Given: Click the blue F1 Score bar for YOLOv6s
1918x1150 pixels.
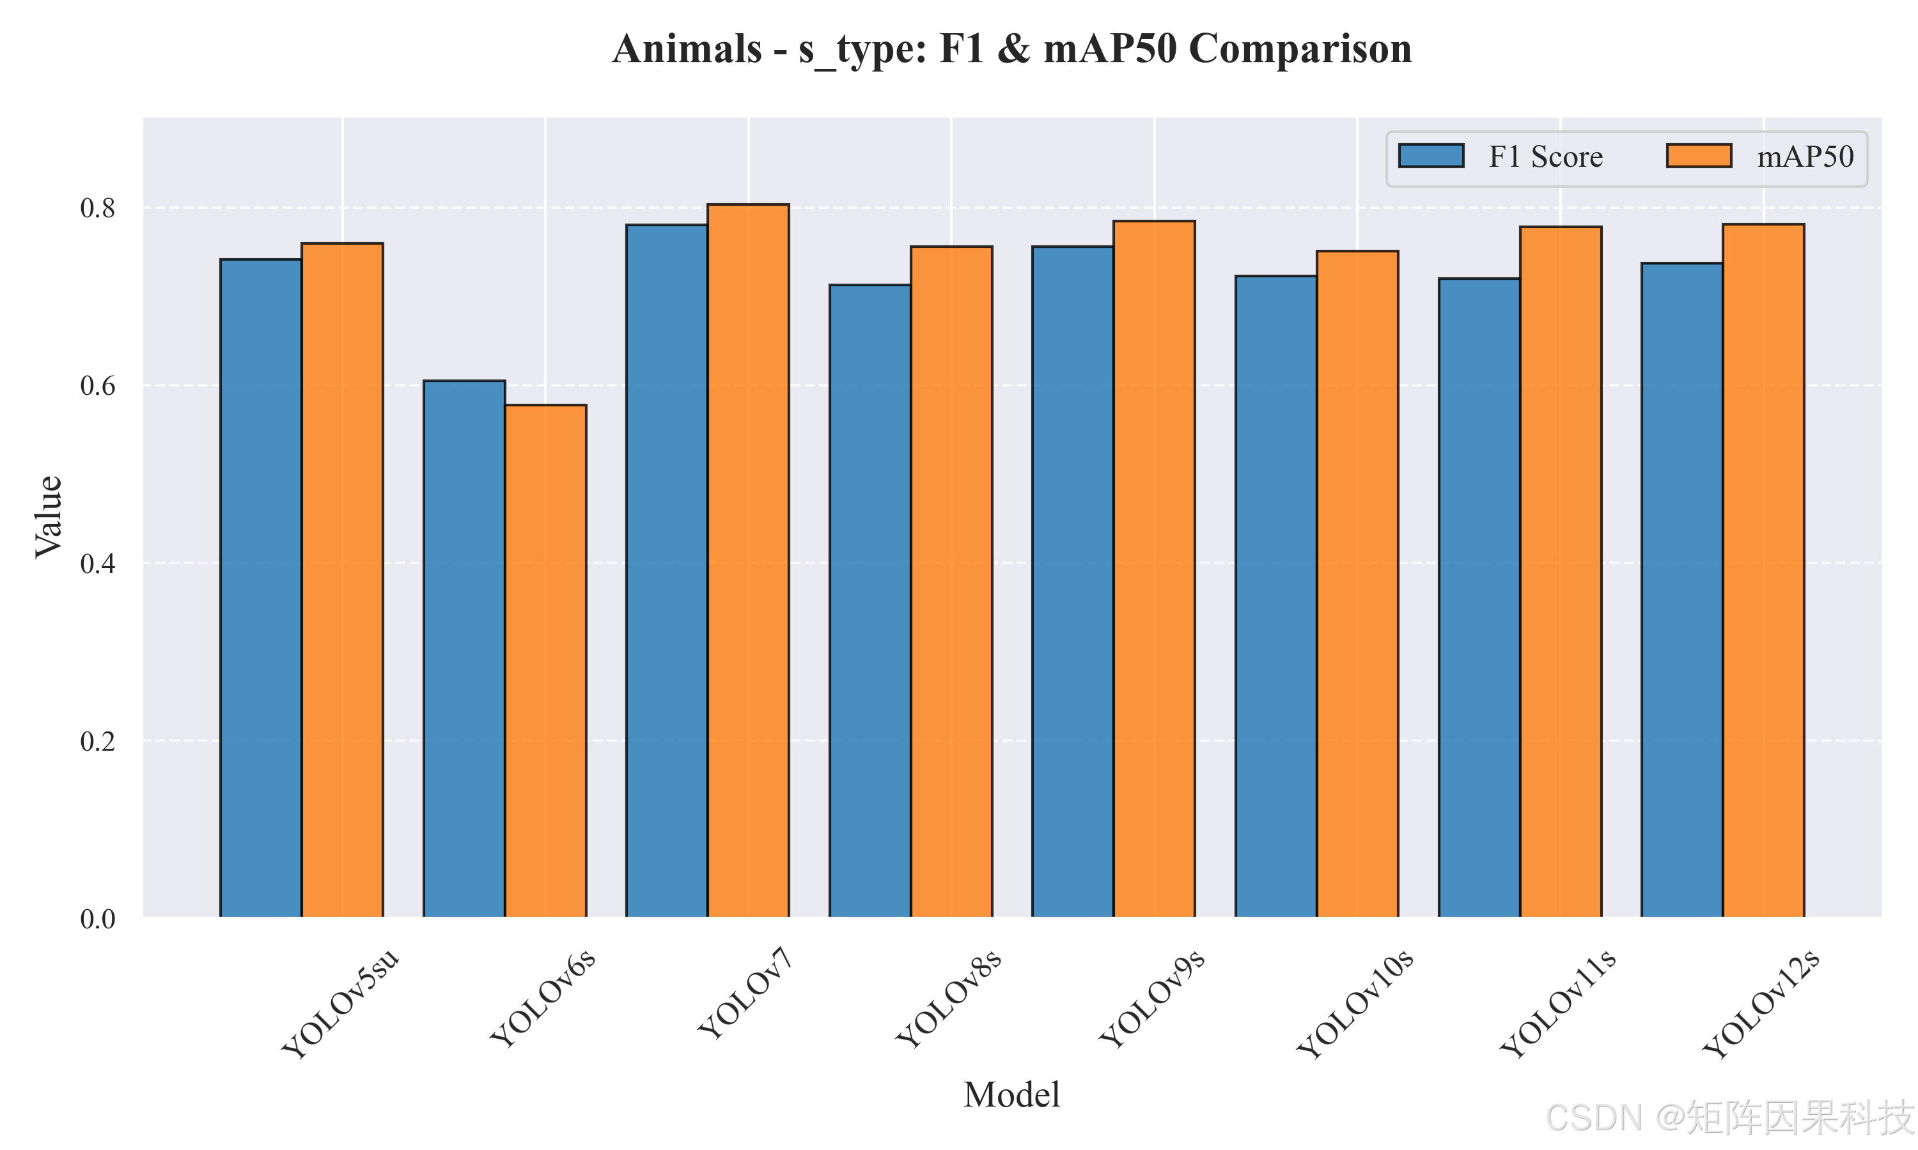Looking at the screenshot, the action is click(464, 648).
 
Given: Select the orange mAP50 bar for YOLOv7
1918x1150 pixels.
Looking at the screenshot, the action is click(748, 561).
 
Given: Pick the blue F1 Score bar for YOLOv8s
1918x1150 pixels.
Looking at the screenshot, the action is click(870, 601).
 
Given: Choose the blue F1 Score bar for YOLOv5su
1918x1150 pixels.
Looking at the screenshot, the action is click(261, 588).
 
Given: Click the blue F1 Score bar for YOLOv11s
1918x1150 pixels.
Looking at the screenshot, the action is click(1479, 598).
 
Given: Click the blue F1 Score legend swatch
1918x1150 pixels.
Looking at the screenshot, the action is click(1431, 156).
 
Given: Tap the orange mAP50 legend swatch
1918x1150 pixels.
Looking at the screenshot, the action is click(1699, 156).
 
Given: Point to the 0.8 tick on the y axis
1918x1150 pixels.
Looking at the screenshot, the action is click(98, 208).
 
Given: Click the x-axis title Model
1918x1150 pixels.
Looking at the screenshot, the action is click(1011, 1095).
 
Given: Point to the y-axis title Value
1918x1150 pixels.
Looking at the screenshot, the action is click(49, 517).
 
